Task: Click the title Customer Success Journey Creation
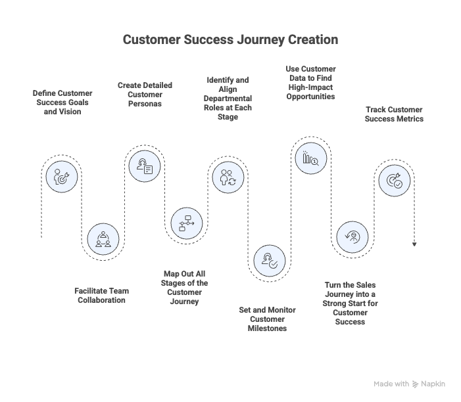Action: [230, 40]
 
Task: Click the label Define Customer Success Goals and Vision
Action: [63, 102]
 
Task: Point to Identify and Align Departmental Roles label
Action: [228, 99]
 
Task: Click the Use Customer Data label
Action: [311, 82]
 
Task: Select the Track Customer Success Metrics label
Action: [395, 114]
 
